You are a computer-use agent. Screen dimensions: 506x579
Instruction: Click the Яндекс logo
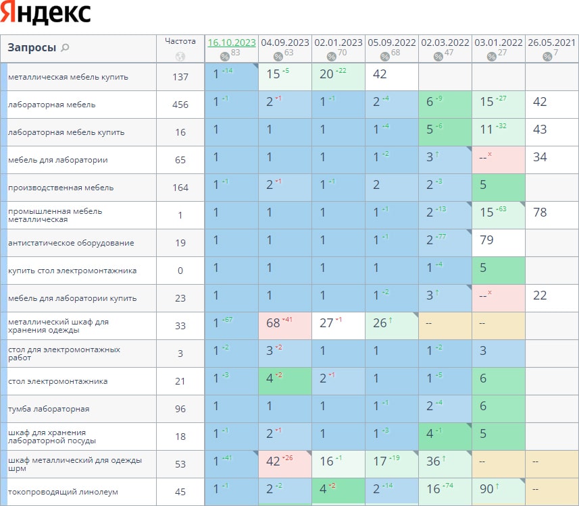pyautogui.click(x=46, y=13)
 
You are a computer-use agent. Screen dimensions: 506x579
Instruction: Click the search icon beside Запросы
pyautogui.click(x=65, y=47)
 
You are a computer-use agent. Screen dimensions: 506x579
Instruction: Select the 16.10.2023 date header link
pyautogui.click(x=232, y=42)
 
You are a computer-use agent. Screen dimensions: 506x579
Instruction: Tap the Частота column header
pyautogui.click(x=180, y=41)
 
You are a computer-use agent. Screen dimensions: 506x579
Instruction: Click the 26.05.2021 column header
pyautogui.click(x=551, y=42)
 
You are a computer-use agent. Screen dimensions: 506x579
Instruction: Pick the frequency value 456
pyautogui.click(x=180, y=105)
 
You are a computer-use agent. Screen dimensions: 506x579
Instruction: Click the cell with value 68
pyautogui.click(x=273, y=323)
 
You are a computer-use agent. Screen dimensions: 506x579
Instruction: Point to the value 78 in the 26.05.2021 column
pyautogui.click(x=540, y=213)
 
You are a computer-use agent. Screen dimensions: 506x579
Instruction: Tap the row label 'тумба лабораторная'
pyautogui.click(x=49, y=409)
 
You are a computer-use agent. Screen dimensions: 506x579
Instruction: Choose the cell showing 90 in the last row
pyautogui.click(x=486, y=489)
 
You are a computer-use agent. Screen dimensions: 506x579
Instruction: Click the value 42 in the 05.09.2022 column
pyautogui.click(x=380, y=74)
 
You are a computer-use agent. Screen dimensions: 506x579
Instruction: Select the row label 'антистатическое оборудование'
pyautogui.click(x=71, y=243)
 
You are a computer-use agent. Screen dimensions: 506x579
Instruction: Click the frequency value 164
pyautogui.click(x=180, y=188)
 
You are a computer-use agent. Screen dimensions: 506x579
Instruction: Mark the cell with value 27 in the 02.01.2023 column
pyautogui.click(x=327, y=323)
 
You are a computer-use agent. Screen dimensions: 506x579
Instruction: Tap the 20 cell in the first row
pyautogui.click(x=327, y=74)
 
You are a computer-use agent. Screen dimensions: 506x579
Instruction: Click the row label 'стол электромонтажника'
pyautogui.click(x=57, y=381)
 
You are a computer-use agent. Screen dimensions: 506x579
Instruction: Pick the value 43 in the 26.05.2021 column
pyautogui.click(x=540, y=130)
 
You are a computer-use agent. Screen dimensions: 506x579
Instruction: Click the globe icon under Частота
pyautogui.click(x=180, y=57)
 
